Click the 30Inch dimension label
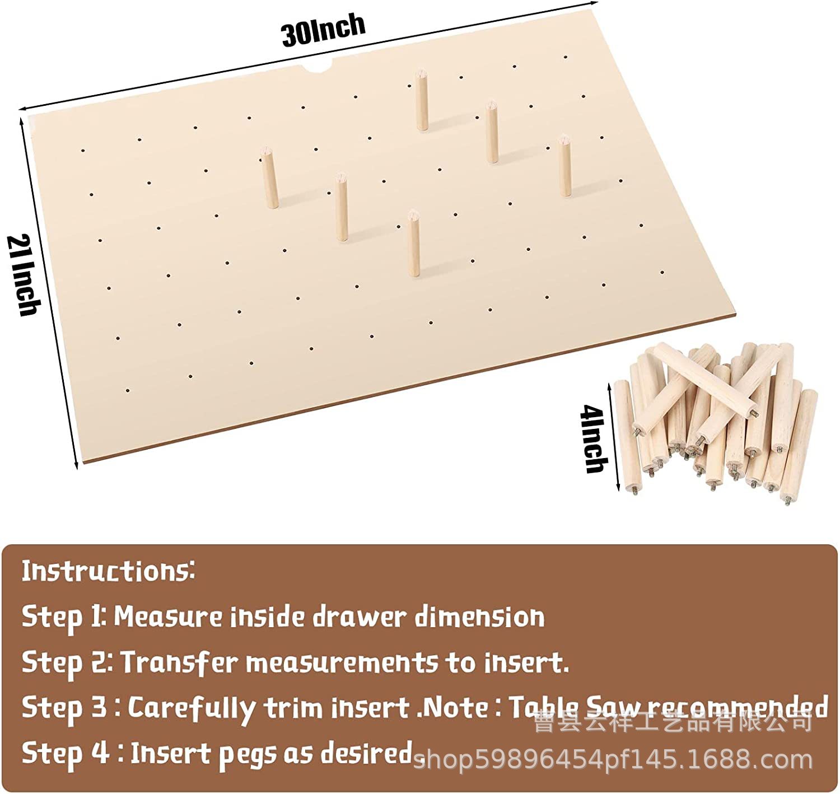[x=324, y=30]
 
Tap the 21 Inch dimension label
[x=24, y=275]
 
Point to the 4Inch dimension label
[x=594, y=439]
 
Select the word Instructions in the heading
[x=108, y=571]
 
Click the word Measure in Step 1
[x=168, y=618]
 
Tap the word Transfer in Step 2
[x=179, y=663]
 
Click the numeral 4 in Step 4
[x=100, y=753]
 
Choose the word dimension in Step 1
[x=480, y=618]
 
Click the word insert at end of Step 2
[x=526, y=663]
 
